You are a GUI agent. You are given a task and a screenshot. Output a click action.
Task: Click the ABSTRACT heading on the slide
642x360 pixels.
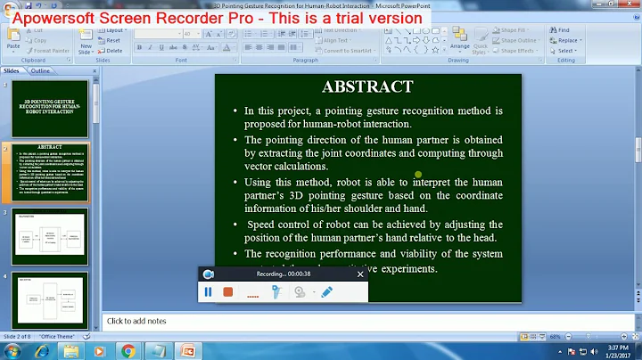point(367,86)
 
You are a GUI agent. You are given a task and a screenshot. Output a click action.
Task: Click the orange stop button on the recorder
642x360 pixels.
point(227,291)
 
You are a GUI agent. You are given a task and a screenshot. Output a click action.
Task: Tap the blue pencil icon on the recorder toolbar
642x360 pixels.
point(326,291)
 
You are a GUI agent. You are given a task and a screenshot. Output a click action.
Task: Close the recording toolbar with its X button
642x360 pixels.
point(359,274)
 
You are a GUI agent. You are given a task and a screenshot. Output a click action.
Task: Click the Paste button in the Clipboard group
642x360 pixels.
point(13,37)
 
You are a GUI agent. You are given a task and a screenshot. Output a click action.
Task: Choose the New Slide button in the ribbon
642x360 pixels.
point(86,40)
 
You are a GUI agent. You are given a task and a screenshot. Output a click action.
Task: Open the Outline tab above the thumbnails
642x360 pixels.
point(40,70)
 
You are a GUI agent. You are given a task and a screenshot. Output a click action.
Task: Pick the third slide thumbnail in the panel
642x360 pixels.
point(50,235)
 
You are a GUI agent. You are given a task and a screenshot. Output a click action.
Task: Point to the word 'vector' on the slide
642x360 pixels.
point(263,167)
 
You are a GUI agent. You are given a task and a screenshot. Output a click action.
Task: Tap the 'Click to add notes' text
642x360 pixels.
point(137,321)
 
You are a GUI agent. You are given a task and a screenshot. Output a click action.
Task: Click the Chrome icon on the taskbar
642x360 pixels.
point(128,350)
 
